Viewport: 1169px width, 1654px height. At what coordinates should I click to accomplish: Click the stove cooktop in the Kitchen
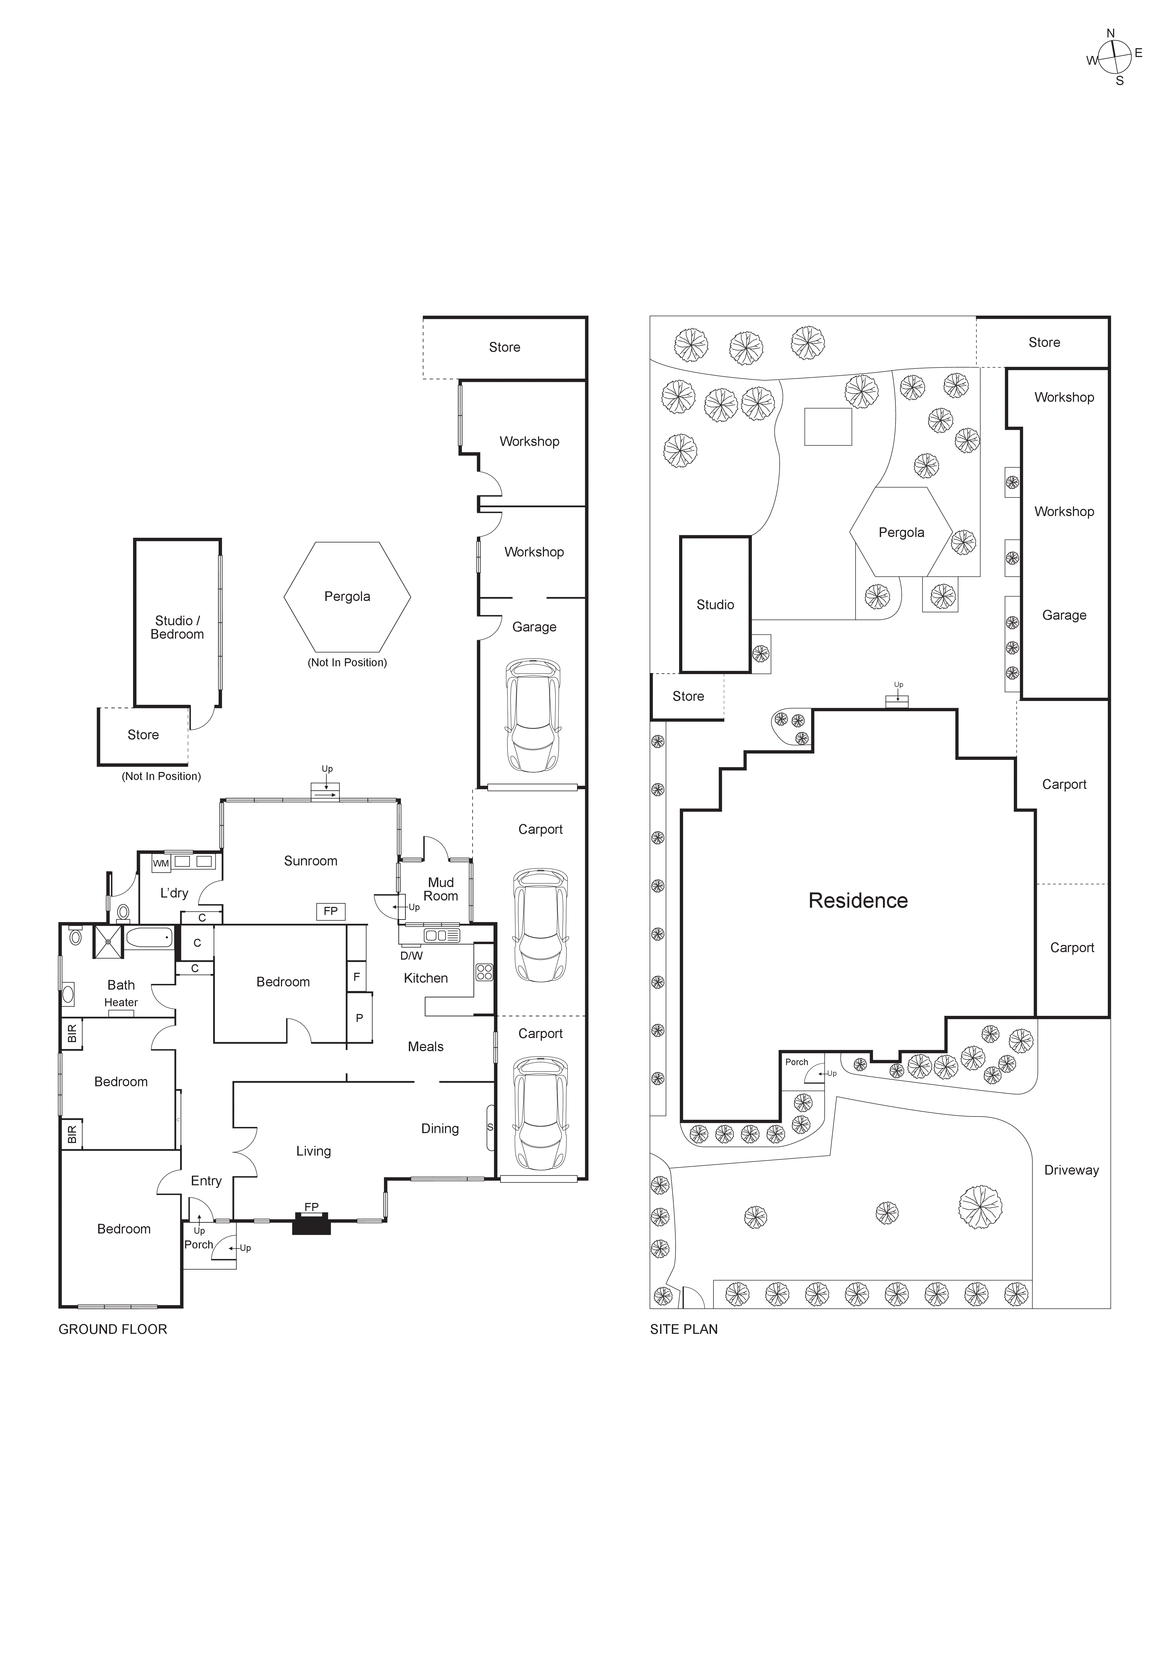(x=484, y=972)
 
